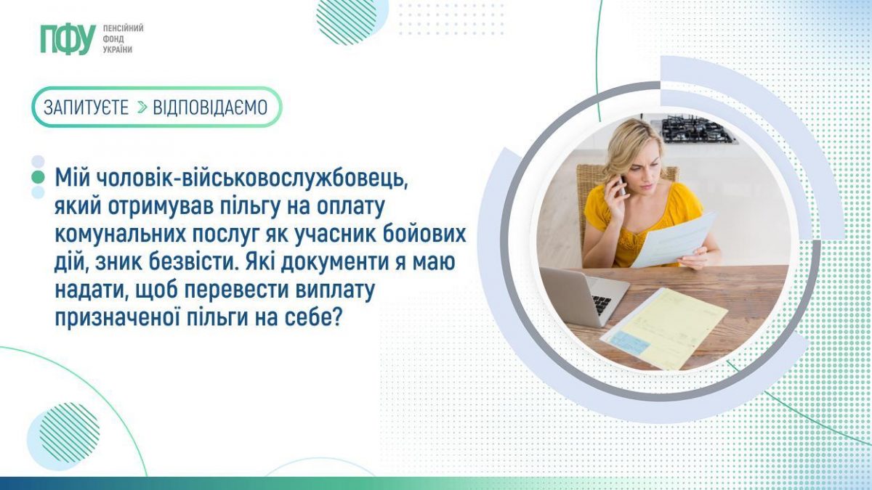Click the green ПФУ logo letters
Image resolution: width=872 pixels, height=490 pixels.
68,40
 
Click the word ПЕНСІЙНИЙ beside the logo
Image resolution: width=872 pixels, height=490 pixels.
123,28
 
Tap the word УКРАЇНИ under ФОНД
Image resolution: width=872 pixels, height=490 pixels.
118,50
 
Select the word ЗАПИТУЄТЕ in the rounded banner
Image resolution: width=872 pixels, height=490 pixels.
86,107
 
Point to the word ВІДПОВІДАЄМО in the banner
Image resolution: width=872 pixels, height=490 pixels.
210,107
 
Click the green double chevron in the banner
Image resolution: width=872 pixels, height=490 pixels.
142,107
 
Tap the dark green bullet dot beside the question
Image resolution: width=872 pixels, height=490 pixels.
38,177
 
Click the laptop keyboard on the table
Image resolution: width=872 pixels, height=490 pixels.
602,304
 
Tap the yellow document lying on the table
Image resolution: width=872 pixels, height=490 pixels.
664,329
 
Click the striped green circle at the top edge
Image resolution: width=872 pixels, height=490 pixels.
347,20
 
